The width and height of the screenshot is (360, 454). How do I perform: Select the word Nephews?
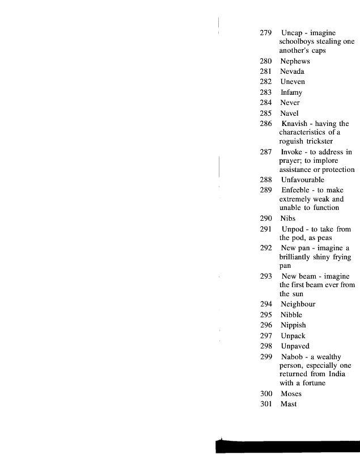[295, 61]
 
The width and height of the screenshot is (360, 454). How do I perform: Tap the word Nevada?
[293, 72]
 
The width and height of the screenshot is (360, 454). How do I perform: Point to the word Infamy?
[291, 93]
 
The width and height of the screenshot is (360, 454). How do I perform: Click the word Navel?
[290, 113]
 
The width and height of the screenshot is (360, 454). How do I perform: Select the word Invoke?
[294, 152]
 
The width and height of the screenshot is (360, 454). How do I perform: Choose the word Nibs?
[288, 218]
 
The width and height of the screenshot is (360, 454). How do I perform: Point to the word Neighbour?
[298, 304]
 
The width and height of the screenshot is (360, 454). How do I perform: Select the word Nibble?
[291, 315]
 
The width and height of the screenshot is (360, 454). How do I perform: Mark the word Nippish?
[293, 325]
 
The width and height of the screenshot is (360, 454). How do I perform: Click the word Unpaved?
[295, 346]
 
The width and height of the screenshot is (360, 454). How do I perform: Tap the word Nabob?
[293, 356]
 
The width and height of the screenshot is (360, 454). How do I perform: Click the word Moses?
[291, 394]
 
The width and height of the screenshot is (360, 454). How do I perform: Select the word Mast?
[289, 404]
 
